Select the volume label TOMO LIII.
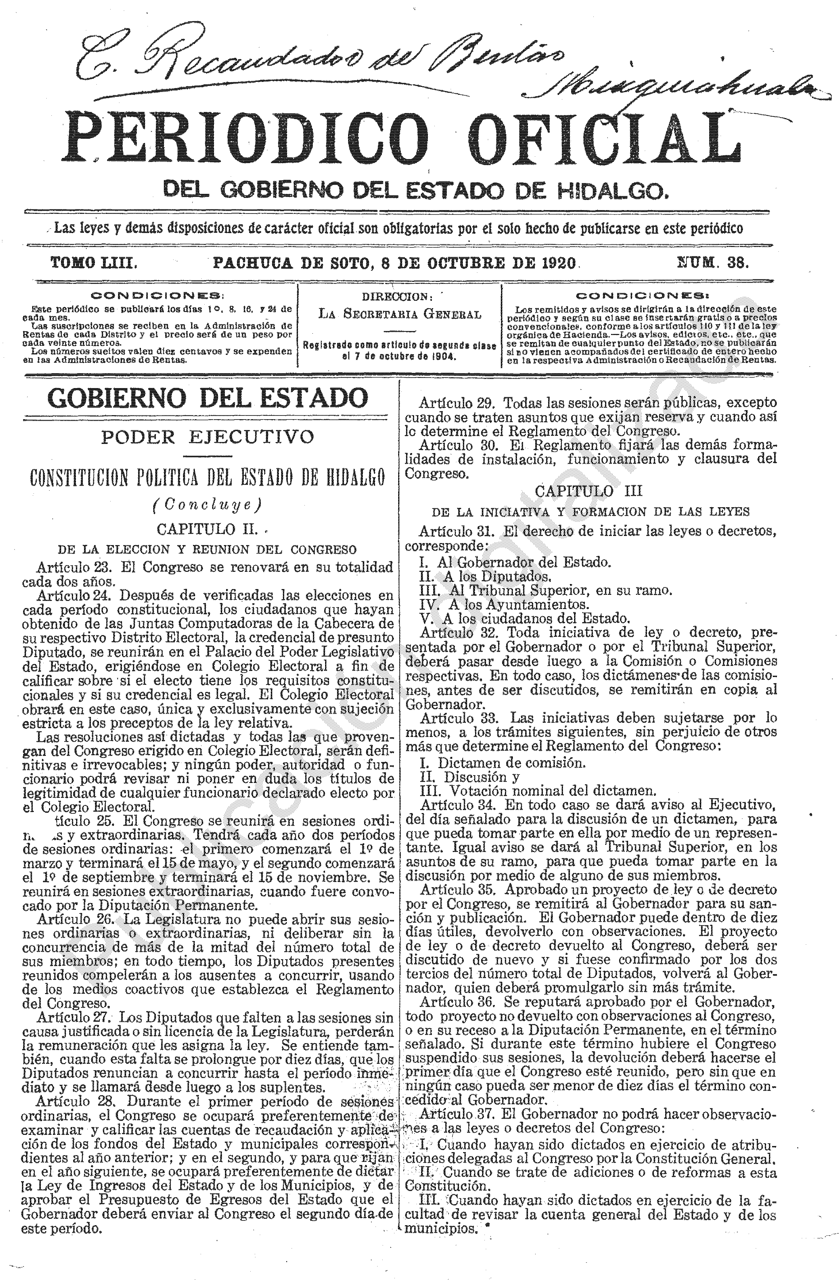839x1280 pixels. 94,263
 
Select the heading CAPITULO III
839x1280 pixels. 589,491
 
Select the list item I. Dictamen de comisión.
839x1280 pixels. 503,763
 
